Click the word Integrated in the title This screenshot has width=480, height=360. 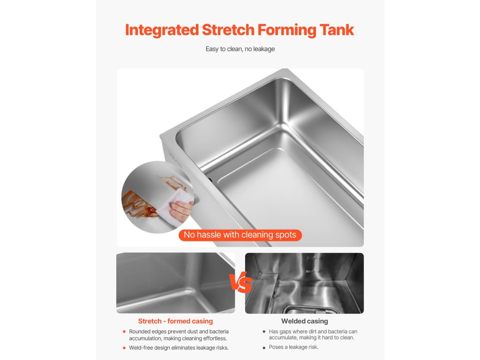162,30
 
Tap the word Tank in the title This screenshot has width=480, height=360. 337,30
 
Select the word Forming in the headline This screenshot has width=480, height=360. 287,30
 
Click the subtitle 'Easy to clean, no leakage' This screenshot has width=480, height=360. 240,49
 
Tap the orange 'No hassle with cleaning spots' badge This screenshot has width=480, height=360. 240,235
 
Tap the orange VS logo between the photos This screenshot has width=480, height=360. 240,282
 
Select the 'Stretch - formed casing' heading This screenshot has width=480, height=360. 175,321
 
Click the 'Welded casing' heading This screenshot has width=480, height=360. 305,321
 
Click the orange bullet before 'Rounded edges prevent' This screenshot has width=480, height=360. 124,331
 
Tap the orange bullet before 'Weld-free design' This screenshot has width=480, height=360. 124,348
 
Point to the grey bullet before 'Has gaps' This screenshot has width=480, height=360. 264,331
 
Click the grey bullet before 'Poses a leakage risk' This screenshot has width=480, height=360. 264,347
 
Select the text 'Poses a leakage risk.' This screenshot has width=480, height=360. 293,347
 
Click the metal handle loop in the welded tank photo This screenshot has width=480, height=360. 309,310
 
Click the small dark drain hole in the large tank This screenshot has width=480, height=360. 210,180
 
